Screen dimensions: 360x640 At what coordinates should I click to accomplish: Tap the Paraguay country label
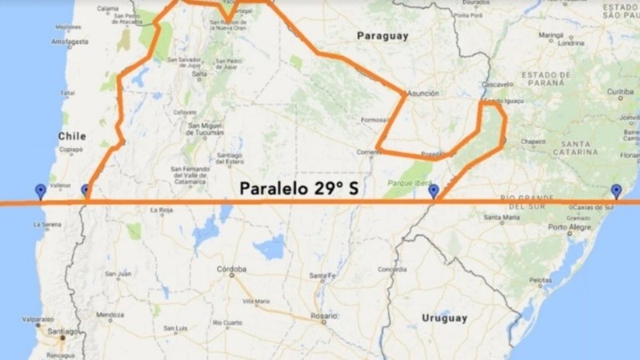(382, 36)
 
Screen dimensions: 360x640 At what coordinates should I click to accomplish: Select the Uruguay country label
(444, 318)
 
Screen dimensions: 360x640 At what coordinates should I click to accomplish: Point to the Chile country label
(71, 136)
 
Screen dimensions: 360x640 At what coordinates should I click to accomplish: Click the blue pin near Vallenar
(41, 190)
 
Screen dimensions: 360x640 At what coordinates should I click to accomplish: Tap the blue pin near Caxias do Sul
(615, 190)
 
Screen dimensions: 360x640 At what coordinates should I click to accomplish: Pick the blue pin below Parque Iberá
(434, 191)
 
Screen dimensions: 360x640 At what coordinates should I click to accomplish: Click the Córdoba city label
(232, 269)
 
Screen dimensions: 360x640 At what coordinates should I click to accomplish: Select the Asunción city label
(422, 94)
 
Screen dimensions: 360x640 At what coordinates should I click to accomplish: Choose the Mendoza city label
(110, 314)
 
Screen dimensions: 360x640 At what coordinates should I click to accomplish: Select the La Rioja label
(161, 210)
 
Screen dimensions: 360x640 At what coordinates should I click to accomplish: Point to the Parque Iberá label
(387, 183)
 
